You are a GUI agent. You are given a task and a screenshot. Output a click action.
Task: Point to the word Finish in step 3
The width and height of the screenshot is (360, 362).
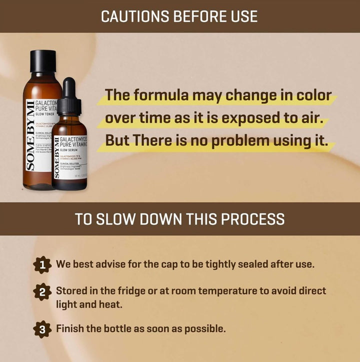[x=69, y=329]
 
